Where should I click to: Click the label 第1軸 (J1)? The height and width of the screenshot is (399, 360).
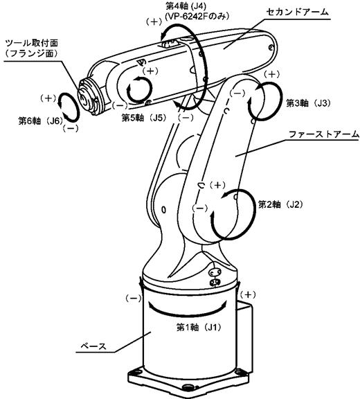[x=199, y=327]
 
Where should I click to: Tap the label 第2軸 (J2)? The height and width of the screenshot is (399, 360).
[x=280, y=204]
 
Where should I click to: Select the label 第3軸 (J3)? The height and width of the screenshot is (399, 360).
[x=309, y=103]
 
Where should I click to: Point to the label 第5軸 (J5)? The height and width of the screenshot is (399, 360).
[x=144, y=118]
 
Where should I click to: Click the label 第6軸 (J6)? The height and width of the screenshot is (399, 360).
[x=40, y=121]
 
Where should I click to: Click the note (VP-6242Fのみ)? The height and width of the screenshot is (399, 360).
[x=197, y=17]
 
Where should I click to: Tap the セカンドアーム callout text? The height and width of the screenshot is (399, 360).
[x=298, y=12]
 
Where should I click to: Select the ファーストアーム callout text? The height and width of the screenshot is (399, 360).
[x=324, y=134]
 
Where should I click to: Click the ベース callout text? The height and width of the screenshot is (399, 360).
[x=93, y=346]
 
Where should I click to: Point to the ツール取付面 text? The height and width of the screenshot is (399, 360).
[x=32, y=43]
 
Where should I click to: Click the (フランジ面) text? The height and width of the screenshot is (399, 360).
[x=32, y=54]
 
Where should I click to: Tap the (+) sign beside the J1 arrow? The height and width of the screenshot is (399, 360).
[x=248, y=294]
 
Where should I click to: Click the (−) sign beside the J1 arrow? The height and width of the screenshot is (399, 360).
[x=134, y=299]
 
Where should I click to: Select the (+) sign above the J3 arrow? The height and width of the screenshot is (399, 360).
[x=272, y=74]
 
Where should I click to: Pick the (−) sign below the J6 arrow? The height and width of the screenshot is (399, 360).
[x=71, y=129]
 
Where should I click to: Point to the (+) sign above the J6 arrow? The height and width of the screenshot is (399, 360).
[x=48, y=98]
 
